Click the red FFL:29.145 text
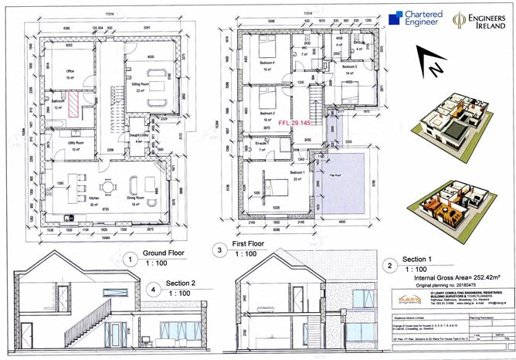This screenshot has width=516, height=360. [293, 122]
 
